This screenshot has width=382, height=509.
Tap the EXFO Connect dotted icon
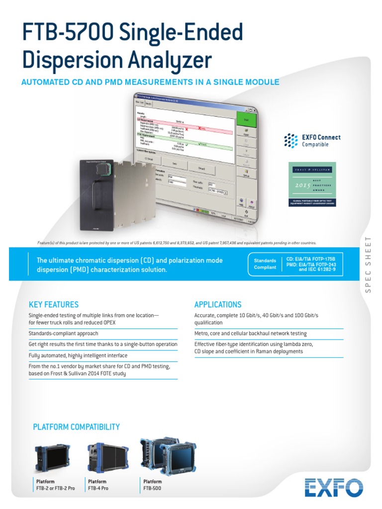coord(291,141)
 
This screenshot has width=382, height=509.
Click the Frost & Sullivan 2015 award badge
coord(312,184)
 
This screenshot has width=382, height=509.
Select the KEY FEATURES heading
coord(54,305)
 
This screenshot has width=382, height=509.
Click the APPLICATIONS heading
coord(218,305)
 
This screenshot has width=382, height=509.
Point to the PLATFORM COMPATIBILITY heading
coord(76,427)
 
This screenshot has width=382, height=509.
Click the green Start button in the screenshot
coord(246,120)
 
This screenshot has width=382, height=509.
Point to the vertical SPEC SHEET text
coord(369,271)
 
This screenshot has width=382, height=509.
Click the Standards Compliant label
coord(265,263)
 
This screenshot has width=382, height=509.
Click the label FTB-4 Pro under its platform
coord(98,488)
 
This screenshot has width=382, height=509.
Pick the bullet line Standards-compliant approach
coord(63,334)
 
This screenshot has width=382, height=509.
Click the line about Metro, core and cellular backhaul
coord(250,334)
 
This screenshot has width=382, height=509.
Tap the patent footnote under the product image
coord(177,243)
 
